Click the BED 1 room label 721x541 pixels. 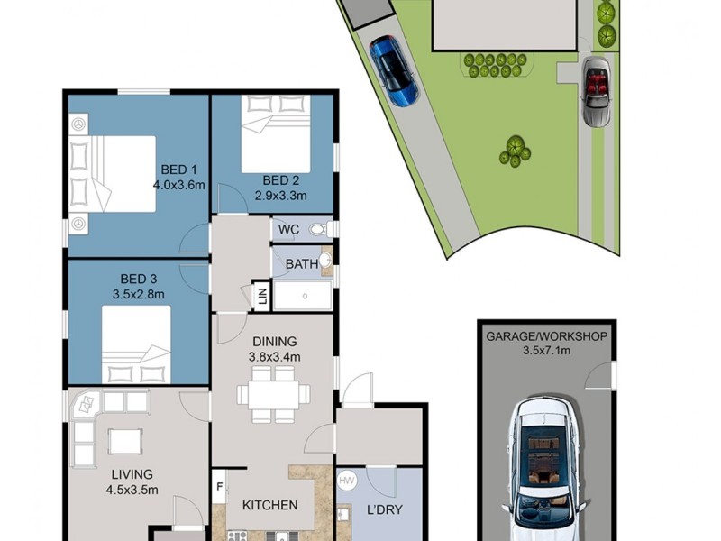[178, 170]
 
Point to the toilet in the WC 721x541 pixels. [321, 229]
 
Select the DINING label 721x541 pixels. [274, 342]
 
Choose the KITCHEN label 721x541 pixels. [269, 505]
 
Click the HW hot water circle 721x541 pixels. [347, 481]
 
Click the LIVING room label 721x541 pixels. [132, 474]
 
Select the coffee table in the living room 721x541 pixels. [125, 441]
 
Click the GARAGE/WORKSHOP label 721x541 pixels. [546, 336]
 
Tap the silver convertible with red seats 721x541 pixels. [596, 90]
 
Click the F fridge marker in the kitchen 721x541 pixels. [219, 488]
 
